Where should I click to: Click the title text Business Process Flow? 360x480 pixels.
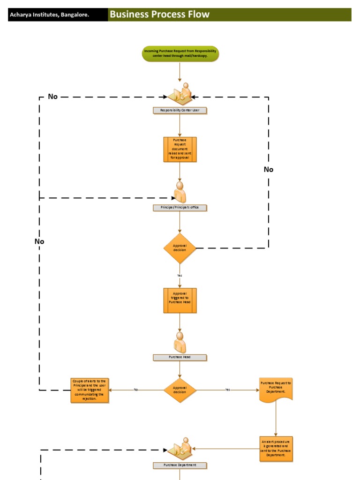(x=159, y=15)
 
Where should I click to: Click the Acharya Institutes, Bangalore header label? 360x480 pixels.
(x=49, y=15)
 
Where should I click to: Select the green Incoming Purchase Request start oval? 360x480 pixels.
(x=180, y=54)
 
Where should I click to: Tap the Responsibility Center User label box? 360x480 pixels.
(x=180, y=111)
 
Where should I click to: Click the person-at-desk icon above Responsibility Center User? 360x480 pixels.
(x=180, y=94)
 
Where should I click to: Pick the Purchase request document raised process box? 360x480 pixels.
(x=180, y=150)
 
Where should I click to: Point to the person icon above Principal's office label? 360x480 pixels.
(x=180, y=192)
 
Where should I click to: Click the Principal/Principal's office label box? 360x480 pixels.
(x=180, y=208)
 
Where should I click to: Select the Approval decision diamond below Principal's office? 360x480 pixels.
(x=180, y=248)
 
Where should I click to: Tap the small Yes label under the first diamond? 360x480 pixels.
(x=180, y=275)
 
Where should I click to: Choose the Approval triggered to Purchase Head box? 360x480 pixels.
(x=180, y=300)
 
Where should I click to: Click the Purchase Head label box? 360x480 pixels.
(x=180, y=357)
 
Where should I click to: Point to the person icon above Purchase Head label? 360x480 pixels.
(x=180, y=342)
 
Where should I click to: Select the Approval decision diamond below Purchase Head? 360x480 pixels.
(x=180, y=390)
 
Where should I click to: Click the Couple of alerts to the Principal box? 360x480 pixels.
(x=90, y=390)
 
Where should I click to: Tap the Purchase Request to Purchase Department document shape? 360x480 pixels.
(x=276, y=389)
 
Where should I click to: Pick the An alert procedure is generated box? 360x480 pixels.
(x=276, y=449)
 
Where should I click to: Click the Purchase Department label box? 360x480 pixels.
(x=180, y=465)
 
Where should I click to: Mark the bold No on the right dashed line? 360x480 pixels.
(x=268, y=169)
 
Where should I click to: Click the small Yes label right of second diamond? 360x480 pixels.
(x=227, y=390)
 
